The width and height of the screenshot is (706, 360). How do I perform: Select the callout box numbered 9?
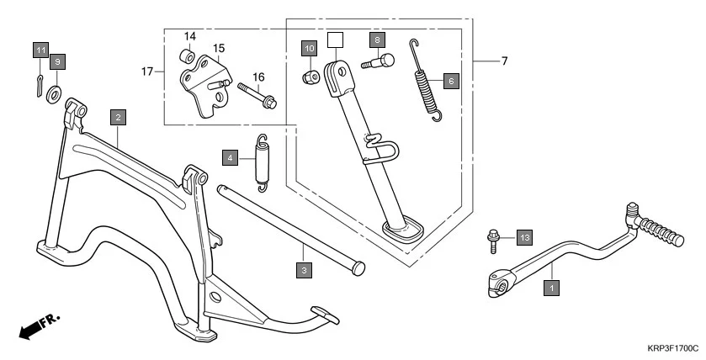point(57,62)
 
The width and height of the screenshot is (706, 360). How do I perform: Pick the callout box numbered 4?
point(230,156)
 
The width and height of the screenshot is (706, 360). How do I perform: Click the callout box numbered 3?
point(303,270)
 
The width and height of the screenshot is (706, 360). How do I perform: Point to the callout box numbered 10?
point(310,49)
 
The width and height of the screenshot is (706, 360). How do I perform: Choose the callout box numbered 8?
point(377,40)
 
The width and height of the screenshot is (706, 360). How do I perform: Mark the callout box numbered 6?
point(450,81)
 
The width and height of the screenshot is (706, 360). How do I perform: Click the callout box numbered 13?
point(524,238)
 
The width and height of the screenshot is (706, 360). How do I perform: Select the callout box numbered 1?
point(551,287)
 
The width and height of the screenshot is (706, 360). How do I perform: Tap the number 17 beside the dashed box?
point(149,72)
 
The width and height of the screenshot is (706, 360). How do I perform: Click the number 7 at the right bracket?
point(504,61)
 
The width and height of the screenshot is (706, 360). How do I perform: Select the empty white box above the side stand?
point(335,39)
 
